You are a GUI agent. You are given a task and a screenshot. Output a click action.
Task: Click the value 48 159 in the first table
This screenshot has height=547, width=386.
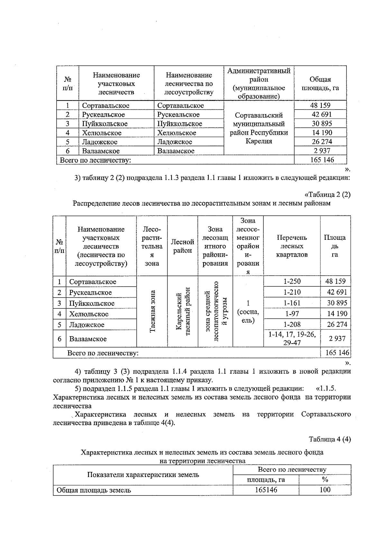click(320, 105)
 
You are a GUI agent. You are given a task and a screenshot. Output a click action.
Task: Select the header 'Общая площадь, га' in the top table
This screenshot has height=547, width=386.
click(320, 83)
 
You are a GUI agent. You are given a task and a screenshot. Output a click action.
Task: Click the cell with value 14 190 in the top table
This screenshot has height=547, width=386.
click(320, 132)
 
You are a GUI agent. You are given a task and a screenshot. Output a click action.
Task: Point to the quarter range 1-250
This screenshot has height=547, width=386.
click(292, 281)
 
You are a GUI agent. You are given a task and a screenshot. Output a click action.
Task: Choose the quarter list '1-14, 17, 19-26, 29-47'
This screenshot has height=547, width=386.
click(292, 338)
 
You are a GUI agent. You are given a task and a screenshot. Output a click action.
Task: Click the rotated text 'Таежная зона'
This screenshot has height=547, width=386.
click(152, 311)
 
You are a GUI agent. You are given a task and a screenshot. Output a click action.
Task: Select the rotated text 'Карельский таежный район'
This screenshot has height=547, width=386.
click(183, 311)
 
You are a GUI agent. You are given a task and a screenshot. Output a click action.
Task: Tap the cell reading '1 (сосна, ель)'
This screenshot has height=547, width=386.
click(248, 312)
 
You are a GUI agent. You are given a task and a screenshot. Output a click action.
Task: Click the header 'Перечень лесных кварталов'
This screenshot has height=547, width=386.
click(292, 246)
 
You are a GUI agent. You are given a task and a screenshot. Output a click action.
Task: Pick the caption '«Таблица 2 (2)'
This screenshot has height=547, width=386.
click(327, 194)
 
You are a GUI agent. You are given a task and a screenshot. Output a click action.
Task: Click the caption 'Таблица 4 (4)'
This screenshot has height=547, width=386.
click(330, 439)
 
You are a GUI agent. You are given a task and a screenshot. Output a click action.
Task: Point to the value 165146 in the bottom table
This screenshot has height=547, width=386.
click(266, 490)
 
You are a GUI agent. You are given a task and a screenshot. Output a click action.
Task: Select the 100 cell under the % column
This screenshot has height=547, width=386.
click(325, 490)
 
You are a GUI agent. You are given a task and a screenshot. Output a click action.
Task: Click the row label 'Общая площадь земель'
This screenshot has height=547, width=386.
click(94, 490)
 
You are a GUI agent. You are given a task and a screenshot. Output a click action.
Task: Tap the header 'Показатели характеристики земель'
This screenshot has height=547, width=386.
click(143, 474)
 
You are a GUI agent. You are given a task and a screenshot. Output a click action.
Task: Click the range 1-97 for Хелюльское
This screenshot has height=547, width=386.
click(292, 314)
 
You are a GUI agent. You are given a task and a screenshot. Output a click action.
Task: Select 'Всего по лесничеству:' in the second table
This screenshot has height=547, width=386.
click(103, 353)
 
